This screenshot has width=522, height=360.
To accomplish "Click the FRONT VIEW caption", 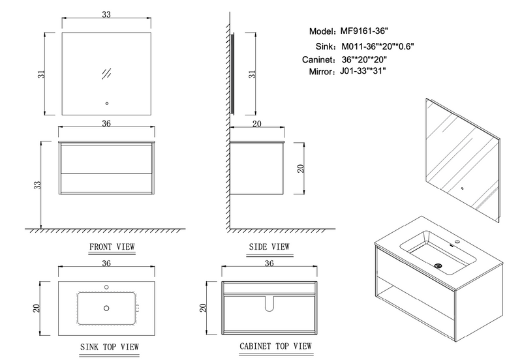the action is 112,247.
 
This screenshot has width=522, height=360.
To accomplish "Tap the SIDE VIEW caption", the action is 269,247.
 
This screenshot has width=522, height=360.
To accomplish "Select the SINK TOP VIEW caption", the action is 109,347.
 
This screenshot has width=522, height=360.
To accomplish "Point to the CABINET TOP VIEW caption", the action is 275,346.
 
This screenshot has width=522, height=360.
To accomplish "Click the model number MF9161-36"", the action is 364,31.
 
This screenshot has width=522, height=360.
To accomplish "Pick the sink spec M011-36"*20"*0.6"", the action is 378,46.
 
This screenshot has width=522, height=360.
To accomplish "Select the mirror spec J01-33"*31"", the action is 363,71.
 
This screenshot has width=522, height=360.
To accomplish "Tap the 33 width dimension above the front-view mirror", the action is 106,14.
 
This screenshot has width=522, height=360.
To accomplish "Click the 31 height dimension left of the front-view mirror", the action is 41,74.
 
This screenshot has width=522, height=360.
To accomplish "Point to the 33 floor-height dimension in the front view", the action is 37,185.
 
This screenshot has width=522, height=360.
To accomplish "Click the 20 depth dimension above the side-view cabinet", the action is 256,124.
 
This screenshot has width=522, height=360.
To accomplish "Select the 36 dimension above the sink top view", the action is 106,263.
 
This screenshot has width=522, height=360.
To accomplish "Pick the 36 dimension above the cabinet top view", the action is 269,263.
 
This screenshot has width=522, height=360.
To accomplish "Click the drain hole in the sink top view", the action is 106,308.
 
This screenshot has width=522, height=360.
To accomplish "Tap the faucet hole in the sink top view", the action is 106,287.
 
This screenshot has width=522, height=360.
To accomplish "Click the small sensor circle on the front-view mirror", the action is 107,104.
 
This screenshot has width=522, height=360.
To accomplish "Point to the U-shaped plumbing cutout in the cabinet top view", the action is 269,304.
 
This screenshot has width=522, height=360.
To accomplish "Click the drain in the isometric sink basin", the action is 438,266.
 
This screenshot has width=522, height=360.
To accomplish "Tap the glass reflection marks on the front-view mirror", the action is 106,74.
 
